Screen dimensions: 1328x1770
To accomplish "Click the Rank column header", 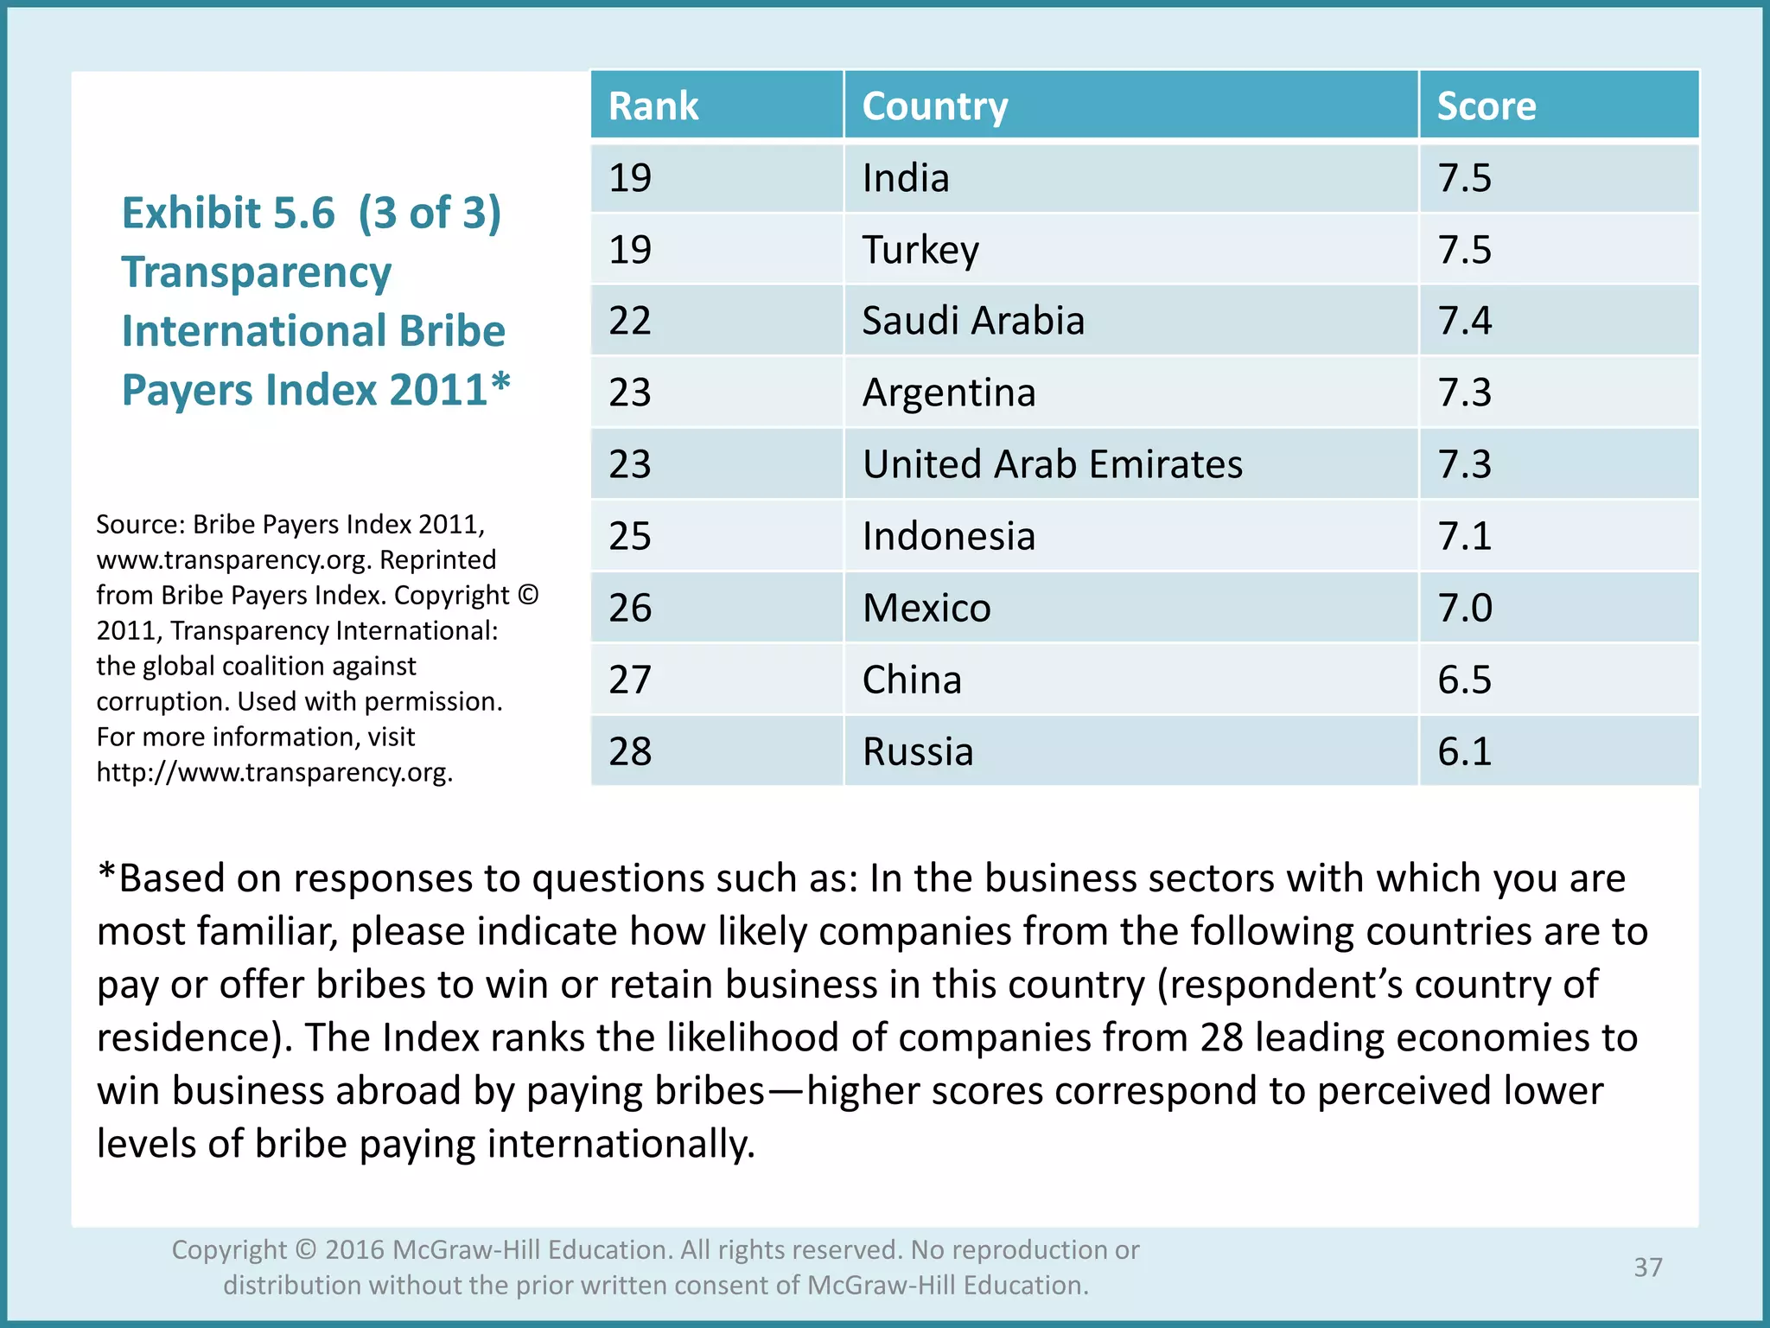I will click(x=653, y=106).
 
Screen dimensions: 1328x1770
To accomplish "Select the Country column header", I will click(x=935, y=106).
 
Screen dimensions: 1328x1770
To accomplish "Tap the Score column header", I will click(x=1487, y=106).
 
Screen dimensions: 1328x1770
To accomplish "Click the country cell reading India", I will click(x=906, y=178).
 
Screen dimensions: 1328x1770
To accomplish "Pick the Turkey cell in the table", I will click(x=920, y=250).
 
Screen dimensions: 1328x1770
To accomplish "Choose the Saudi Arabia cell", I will click(x=973, y=321).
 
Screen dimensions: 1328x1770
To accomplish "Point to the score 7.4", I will click(x=1465, y=321).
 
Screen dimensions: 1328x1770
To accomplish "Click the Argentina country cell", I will click(x=949, y=393).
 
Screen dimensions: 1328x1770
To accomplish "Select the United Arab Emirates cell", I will click(x=1053, y=464).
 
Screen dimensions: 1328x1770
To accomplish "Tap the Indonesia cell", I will click(x=949, y=536).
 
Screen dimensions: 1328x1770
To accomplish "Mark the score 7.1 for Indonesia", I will click(x=1465, y=536).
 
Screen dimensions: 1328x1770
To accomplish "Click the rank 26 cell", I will click(x=630, y=608).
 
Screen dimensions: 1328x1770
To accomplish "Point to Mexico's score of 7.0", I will click(x=1465, y=608).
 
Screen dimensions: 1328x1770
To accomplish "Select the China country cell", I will click(x=912, y=680).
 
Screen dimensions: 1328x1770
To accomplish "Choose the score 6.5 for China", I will click(x=1465, y=680).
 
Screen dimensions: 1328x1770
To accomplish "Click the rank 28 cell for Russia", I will click(x=630, y=751).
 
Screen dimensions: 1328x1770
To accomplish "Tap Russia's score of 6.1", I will click(x=1465, y=751).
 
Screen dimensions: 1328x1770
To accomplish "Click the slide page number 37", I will click(x=1648, y=1267).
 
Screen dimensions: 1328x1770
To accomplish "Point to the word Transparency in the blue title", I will click(x=257, y=272).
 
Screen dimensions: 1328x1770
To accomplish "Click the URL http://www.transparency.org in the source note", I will click(x=274, y=772).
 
